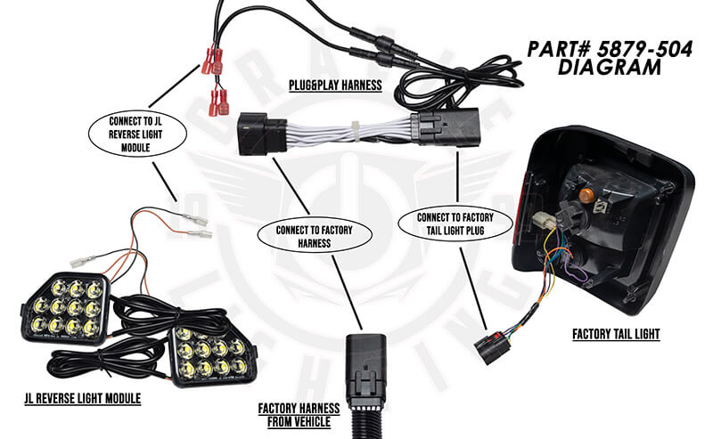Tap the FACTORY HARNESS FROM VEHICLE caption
pos(299,414)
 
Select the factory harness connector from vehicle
pos(366,368)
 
